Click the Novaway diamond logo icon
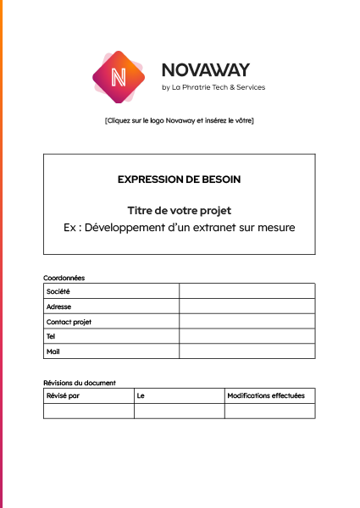[x=119, y=77]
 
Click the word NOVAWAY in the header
[x=205, y=70]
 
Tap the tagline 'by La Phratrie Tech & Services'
[x=213, y=87]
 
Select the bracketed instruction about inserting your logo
[x=180, y=120]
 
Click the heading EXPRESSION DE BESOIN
[x=179, y=179]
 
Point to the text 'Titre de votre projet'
[x=179, y=210]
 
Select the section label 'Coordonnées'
[x=64, y=278]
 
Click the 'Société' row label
[x=58, y=291]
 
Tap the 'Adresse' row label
[x=59, y=306]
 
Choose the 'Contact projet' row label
[x=69, y=322]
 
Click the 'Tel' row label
[x=52, y=336]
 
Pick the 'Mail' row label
[x=53, y=351]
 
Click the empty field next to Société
[x=246, y=291]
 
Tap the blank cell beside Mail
[x=246, y=351]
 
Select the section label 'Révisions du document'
[x=80, y=383]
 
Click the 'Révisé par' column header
[x=64, y=395]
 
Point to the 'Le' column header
[x=141, y=395]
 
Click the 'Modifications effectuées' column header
[x=266, y=395]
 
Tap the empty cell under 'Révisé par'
[x=88, y=411]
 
